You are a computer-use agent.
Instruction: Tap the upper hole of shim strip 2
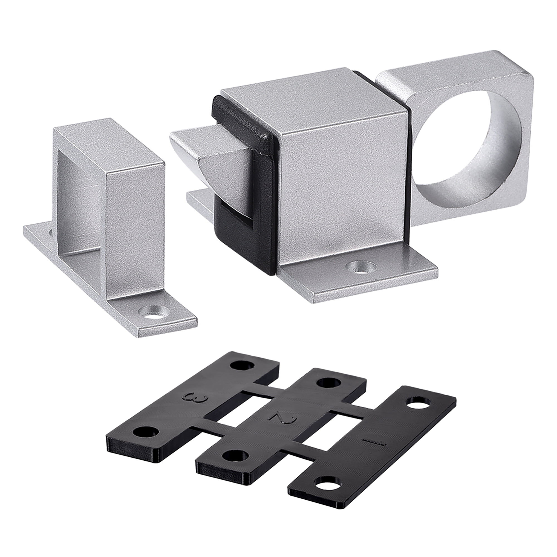(x=329, y=383)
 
